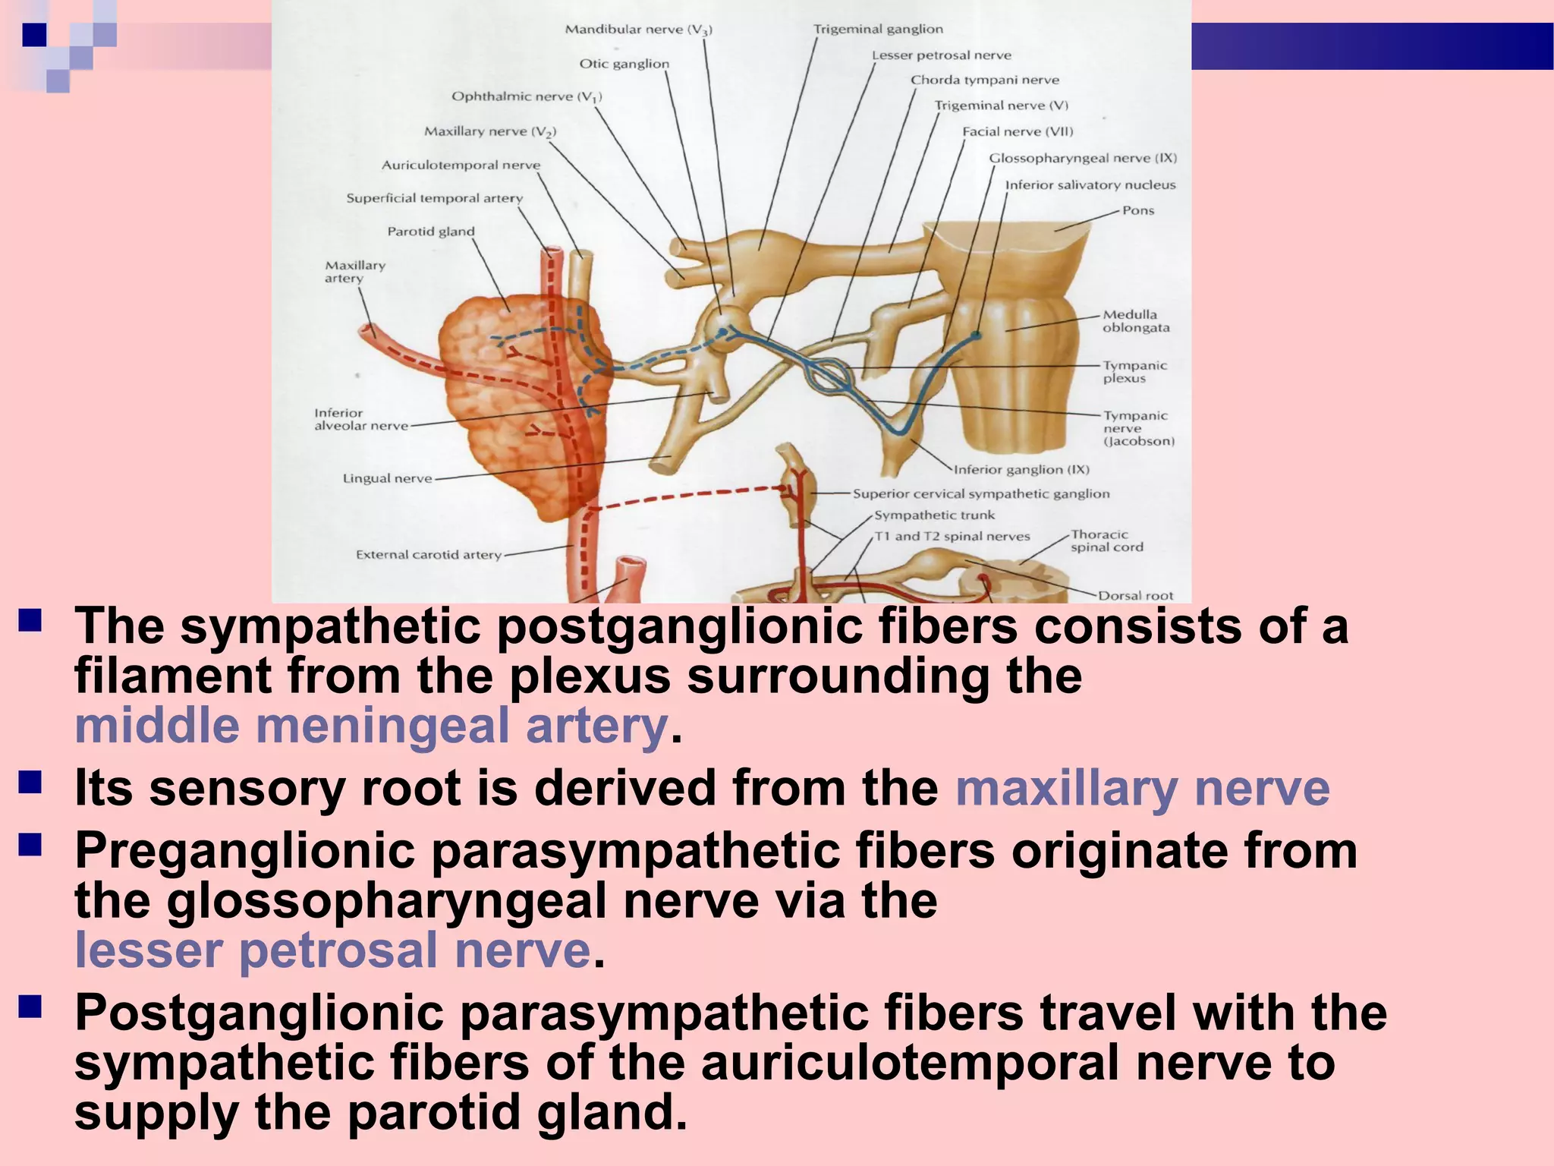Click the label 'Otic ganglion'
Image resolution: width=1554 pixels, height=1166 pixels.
(624, 64)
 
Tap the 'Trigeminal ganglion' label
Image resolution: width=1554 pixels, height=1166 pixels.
(878, 30)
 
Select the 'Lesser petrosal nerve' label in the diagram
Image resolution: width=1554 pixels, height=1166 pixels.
(941, 55)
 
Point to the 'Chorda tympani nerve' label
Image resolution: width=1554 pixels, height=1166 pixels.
(984, 80)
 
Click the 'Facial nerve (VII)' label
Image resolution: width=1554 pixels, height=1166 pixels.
(1018, 132)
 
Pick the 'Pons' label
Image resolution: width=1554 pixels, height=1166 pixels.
(1138, 210)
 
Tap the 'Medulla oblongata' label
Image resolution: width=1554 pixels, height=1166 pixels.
(1135, 321)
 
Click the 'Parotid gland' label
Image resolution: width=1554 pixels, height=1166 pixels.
(430, 232)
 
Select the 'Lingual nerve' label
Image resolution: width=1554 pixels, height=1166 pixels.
(387, 478)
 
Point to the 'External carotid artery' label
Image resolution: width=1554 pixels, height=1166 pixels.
(429, 555)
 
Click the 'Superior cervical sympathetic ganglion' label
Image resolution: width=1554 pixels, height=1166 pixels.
(980, 494)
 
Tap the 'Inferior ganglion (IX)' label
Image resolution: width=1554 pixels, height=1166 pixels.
(1021, 470)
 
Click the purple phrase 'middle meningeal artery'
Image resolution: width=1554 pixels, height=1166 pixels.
(371, 726)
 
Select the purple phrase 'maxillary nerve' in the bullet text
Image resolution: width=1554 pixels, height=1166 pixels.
(1142, 788)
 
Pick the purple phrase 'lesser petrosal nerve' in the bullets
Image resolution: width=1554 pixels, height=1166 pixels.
(332, 950)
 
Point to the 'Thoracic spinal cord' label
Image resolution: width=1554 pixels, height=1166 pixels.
(1106, 540)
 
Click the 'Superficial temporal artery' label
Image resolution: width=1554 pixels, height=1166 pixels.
(434, 199)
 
